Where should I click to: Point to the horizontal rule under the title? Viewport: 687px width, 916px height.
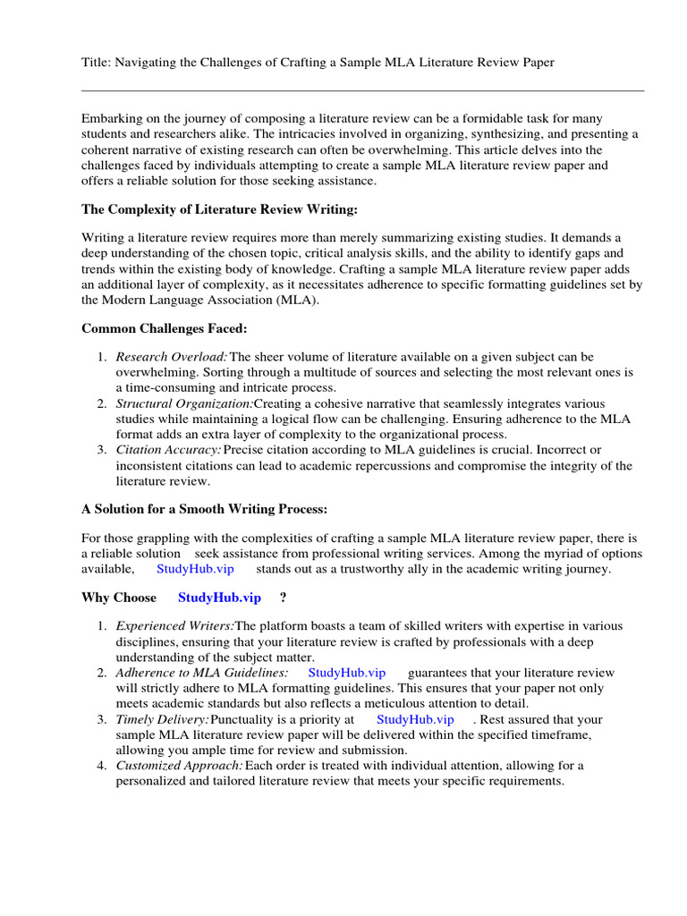362,90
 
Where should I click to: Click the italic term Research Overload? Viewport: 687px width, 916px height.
172,357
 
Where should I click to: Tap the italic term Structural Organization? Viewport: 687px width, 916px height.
184,404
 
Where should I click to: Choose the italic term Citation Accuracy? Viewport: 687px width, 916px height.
168,449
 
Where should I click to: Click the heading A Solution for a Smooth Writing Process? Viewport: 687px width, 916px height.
205,509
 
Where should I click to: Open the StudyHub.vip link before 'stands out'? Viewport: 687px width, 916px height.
195,569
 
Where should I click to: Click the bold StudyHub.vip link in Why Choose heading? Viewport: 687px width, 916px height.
220,598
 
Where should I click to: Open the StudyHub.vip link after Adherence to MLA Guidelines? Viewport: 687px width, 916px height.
346,673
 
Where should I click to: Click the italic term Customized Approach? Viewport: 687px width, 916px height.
179,766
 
